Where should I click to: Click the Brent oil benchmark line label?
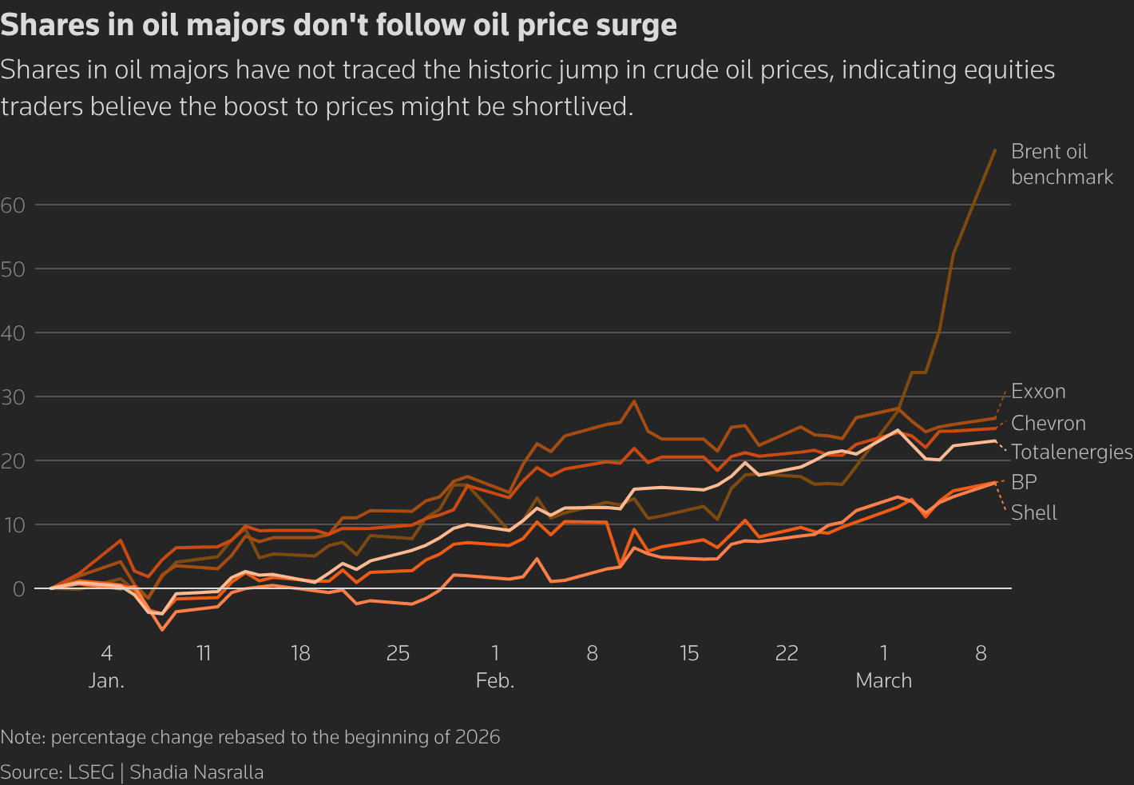click(1061, 164)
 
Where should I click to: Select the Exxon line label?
click(1038, 392)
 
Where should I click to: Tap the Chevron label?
click(1048, 423)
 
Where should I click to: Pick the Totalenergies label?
click(1071, 452)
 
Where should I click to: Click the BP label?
click(1024, 482)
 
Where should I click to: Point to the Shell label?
click(1033, 512)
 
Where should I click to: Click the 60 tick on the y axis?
click(13, 205)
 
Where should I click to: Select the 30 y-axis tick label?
click(13, 396)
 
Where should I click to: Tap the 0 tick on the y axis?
click(18, 588)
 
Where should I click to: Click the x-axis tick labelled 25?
click(398, 654)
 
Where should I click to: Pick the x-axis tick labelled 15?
click(689, 654)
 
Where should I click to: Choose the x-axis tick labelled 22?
click(787, 654)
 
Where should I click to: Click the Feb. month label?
click(495, 681)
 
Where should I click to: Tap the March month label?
click(883, 681)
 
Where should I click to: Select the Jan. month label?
click(106, 681)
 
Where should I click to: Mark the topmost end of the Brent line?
click(995, 149)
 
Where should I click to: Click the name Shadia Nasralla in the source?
click(196, 772)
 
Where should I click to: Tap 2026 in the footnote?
click(478, 737)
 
